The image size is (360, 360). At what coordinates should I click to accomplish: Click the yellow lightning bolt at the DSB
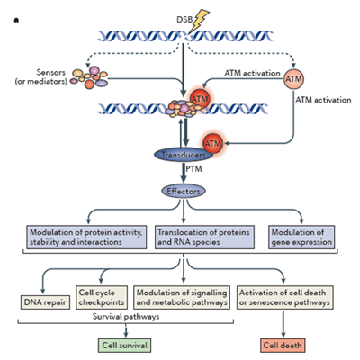[x=199, y=21]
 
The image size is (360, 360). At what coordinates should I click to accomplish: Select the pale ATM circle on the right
[x=293, y=79]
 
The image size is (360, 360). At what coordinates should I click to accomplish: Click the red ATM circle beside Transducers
[x=213, y=143]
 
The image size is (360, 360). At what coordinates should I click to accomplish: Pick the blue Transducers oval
[x=184, y=155]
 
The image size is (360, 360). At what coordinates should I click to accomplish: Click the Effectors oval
[x=184, y=191]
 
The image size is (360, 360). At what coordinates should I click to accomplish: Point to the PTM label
[x=193, y=169]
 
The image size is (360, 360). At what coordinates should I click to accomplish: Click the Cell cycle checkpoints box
[x=102, y=297]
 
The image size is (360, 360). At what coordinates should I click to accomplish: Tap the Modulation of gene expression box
[x=301, y=237]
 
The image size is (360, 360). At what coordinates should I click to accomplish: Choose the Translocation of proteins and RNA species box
[x=204, y=237]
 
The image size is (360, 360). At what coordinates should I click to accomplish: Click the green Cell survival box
[x=124, y=346]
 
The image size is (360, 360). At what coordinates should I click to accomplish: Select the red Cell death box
[x=283, y=346]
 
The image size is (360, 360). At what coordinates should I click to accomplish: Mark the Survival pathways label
[x=126, y=317]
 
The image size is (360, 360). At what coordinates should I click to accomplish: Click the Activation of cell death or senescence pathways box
[x=285, y=297]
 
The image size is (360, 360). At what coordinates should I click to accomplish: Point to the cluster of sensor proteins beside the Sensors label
[x=89, y=77]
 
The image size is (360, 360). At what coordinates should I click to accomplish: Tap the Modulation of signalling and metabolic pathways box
[x=182, y=297]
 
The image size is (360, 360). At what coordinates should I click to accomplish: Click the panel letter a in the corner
[x=16, y=21]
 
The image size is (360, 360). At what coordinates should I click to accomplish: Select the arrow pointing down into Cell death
[x=283, y=324]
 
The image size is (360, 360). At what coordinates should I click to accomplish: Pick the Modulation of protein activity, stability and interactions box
[x=86, y=237]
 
